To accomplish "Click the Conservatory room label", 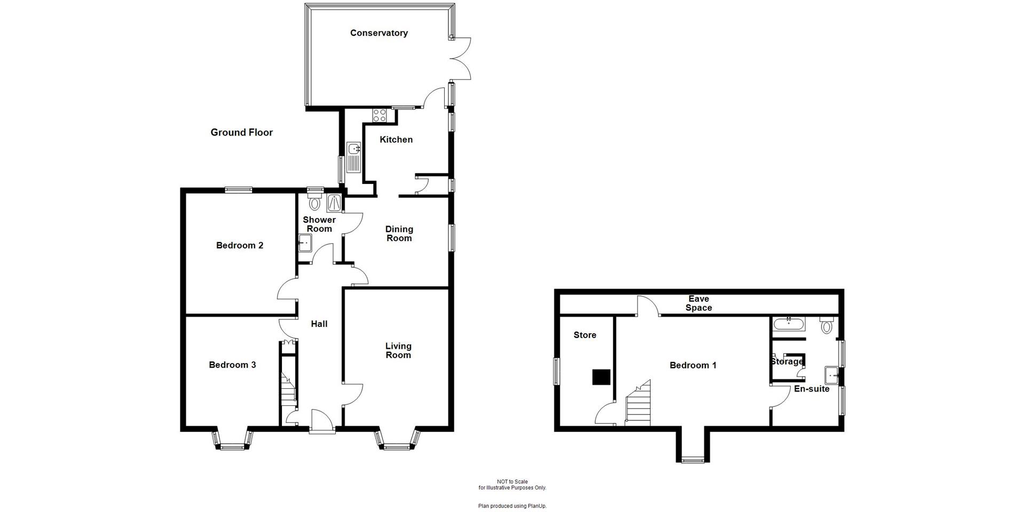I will click(379, 33).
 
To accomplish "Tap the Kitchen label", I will click(396, 140).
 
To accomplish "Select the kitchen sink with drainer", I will click(353, 157).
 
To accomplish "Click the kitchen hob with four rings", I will click(380, 115).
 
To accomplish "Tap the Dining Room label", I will click(399, 234).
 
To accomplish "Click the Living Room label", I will click(398, 350).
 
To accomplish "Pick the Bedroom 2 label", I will click(239, 245).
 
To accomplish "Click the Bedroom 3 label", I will click(232, 365).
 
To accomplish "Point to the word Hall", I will click(319, 324).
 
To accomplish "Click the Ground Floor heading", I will click(241, 132).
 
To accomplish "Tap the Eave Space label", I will click(698, 303).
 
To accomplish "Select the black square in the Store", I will click(602, 377).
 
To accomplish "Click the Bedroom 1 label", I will click(693, 365).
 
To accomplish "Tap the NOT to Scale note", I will click(512, 482).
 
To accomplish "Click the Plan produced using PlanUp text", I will click(512, 506).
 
